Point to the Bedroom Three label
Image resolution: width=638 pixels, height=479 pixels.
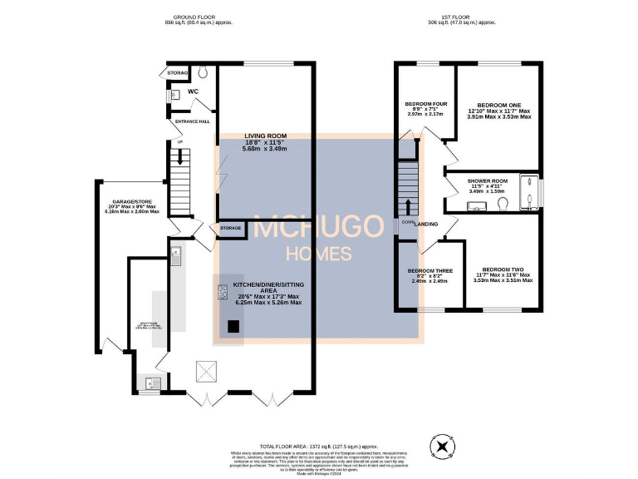429,270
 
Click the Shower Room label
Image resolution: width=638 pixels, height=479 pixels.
487,180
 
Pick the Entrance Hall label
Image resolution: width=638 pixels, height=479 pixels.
192,121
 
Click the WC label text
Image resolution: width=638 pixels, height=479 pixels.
193,91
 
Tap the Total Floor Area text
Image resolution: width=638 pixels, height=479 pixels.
319,447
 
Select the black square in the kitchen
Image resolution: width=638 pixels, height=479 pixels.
233,327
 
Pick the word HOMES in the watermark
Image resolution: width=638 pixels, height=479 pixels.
318,254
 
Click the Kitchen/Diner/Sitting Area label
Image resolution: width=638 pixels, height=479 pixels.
266,286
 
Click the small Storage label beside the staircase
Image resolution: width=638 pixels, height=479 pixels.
231,228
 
